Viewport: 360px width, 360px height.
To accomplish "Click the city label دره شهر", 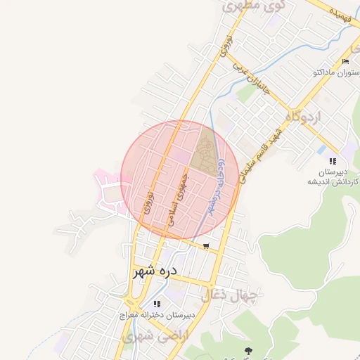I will click(154, 270).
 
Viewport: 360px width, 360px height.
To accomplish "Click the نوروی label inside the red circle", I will click(147, 200).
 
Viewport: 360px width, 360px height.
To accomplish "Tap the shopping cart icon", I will click(206, 246).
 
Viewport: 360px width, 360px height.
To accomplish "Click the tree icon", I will click(246, 349).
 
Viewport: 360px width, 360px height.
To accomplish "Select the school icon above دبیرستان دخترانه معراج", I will click(157, 304).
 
